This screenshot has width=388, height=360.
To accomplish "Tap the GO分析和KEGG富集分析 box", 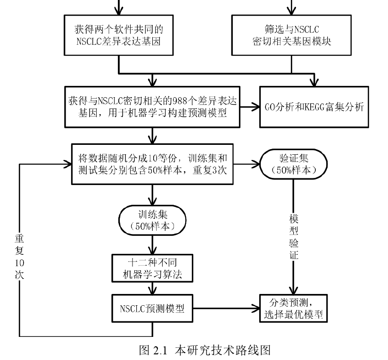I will (x=314, y=107).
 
